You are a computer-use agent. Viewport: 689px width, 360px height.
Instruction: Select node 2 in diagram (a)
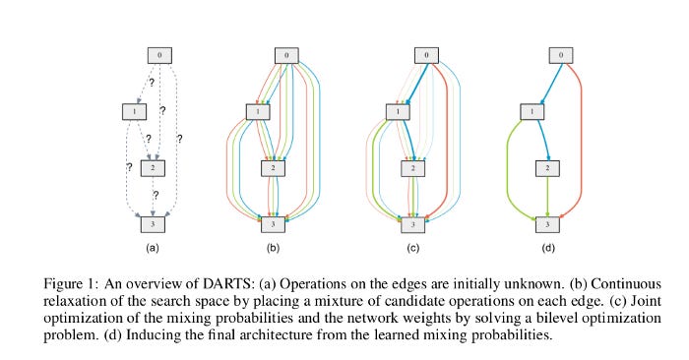[x=153, y=167]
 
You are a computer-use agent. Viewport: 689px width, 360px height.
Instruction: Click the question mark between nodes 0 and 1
[x=152, y=82]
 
